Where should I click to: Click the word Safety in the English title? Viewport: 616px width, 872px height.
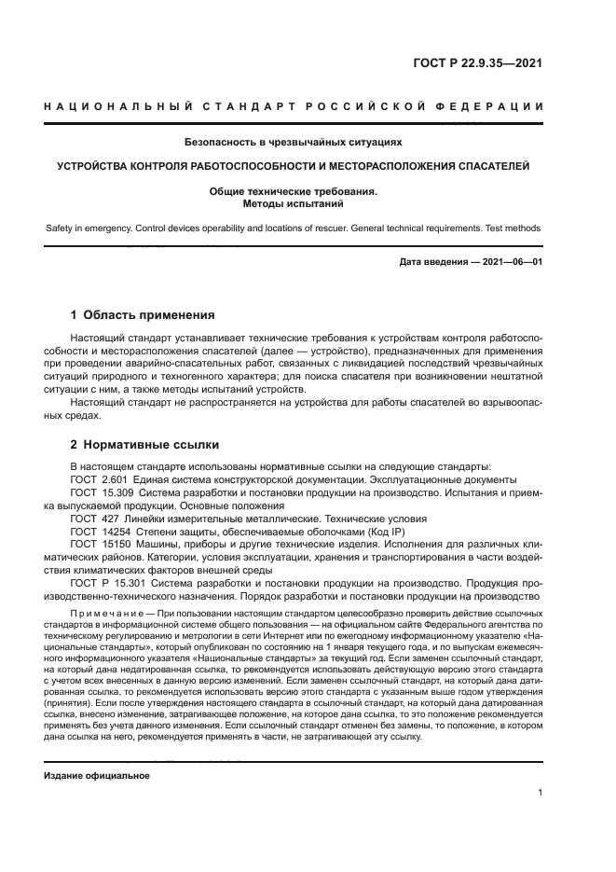pos(62,228)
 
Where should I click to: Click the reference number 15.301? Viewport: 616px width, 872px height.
pos(129,583)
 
